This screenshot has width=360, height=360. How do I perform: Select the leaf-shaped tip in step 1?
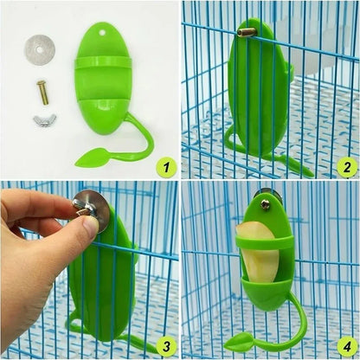90,158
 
